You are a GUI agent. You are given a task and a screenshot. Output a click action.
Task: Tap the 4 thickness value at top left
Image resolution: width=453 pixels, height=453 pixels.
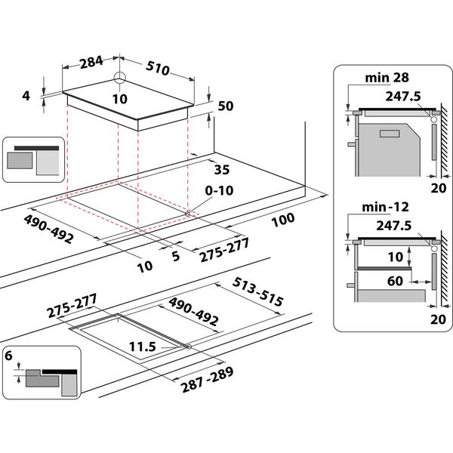point(26,96)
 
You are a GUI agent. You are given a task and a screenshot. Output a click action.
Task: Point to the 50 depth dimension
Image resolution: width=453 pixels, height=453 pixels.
point(225,106)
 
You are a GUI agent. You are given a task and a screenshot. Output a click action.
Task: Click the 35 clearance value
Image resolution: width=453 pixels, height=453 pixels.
point(221,168)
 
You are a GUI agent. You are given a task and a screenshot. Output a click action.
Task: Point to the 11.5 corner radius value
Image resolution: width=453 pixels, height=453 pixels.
point(143,347)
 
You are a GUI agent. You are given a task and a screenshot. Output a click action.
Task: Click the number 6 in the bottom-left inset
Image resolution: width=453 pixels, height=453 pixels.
point(9,355)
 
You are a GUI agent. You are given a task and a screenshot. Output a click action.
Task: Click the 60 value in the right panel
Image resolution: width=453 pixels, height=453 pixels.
point(394,281)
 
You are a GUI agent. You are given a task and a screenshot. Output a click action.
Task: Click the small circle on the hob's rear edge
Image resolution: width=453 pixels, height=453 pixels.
point(119,78)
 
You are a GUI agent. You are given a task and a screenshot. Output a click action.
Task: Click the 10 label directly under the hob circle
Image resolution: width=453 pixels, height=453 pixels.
point(119,99)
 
